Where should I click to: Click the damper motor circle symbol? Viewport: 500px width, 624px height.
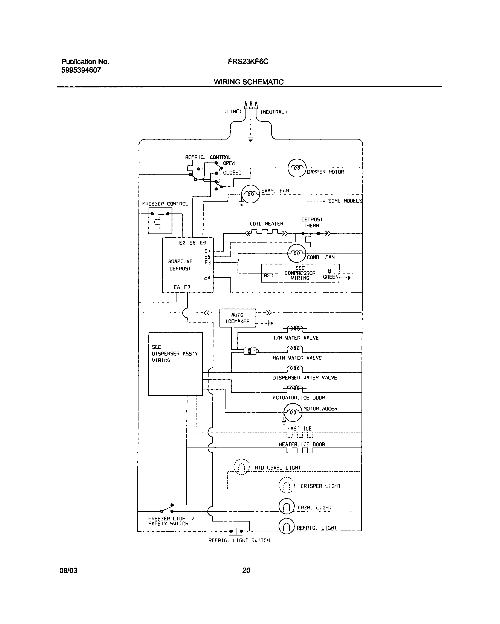point(297,168)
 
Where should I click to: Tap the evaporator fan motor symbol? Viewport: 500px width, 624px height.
point(251,194)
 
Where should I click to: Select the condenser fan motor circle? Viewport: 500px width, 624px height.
point(297,253)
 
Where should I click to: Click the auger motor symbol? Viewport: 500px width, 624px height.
point(293,412)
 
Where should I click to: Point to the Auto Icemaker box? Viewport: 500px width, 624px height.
point(238,318)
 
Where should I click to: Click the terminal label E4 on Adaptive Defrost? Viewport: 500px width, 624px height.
point(207,278)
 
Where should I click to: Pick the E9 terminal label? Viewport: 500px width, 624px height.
point(203,243)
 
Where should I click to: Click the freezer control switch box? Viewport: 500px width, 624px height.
point(160,221)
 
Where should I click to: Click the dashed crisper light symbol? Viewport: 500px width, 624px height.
point(286,485)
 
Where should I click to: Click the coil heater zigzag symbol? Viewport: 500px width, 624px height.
point(267,232)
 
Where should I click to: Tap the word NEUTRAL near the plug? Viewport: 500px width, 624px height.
point(273,112)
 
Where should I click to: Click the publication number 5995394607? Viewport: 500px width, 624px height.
point(81,70)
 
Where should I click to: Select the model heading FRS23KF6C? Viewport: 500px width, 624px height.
point(248,62)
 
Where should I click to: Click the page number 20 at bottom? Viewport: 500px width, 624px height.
point(246,570)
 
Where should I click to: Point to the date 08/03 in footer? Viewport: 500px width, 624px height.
point(68,571)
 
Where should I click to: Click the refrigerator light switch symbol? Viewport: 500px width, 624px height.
point(236,531)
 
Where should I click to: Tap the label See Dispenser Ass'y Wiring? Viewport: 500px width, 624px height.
point(175,354)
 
